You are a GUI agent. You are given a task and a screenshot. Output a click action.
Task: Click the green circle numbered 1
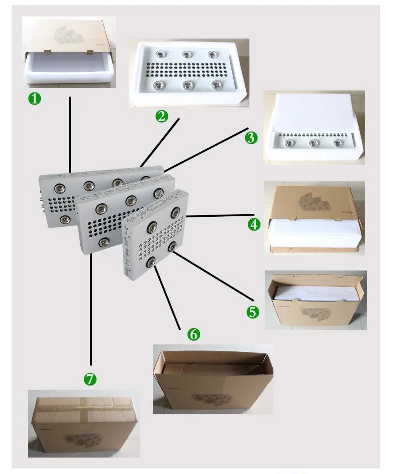(x=35, y=98)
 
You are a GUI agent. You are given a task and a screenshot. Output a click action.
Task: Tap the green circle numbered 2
(x=162, y=116)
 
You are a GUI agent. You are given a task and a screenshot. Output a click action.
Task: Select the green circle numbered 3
(x=251, y=138)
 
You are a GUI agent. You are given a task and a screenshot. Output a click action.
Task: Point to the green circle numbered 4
(x=254, y=224)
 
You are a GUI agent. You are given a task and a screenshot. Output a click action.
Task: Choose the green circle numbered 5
(x=253, y=312)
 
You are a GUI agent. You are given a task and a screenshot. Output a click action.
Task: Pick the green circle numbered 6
(x=193, y=334)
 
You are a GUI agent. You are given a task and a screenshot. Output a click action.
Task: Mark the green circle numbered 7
(x=90, y=379)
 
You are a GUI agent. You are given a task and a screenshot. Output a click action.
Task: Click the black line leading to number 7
(x=91, y=311)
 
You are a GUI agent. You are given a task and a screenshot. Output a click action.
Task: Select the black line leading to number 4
(x=219, y=216)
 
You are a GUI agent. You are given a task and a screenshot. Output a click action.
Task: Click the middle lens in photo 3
(x=313, y=143)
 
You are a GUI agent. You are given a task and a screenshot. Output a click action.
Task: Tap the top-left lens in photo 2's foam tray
(x=160, y=55)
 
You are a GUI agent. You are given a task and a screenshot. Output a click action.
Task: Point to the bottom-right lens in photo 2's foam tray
(x=215, y=85)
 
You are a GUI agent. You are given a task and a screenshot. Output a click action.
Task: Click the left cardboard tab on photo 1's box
(x=48, y=51)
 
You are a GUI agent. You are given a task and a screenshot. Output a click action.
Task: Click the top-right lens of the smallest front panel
(x=175, y=212)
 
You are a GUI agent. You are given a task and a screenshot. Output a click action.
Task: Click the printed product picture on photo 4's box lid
(x=310, y=200)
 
